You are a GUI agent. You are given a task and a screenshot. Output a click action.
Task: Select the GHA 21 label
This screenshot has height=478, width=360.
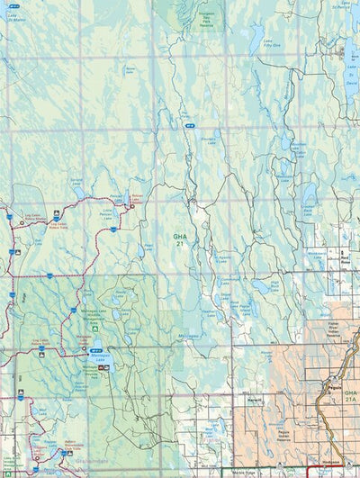(x=179, y=239)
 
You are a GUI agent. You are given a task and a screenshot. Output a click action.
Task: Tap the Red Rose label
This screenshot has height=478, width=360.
(x=345, y=257)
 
